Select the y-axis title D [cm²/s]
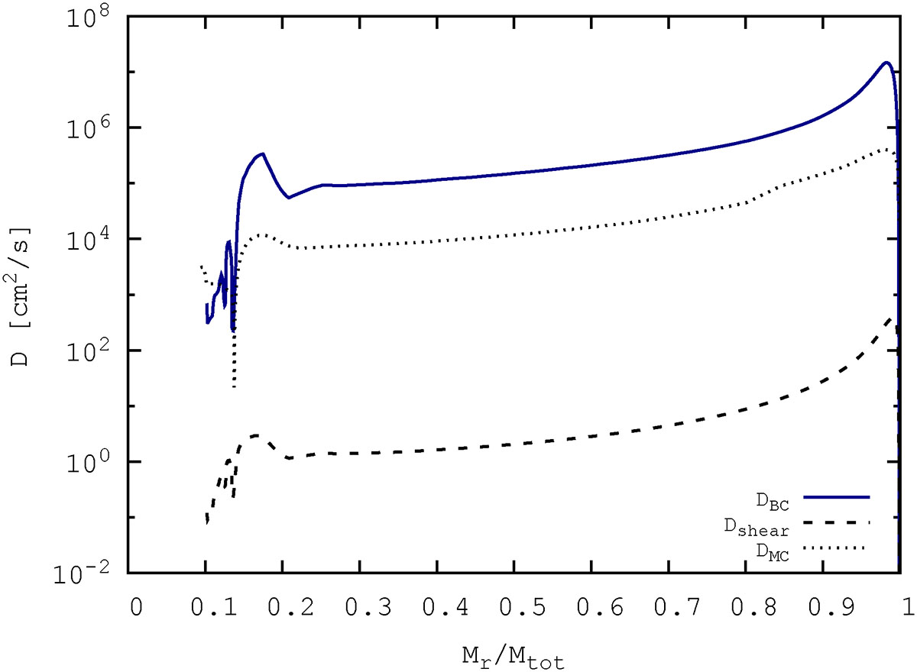[x=21, y=295]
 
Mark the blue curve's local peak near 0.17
[x=262, y=153]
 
